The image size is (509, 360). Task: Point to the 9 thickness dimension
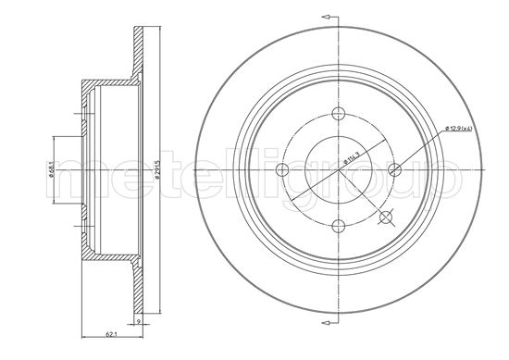(x=138, y=322)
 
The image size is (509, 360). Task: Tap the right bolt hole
(x=395, y=168)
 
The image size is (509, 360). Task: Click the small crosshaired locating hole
(x=386, y=218)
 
